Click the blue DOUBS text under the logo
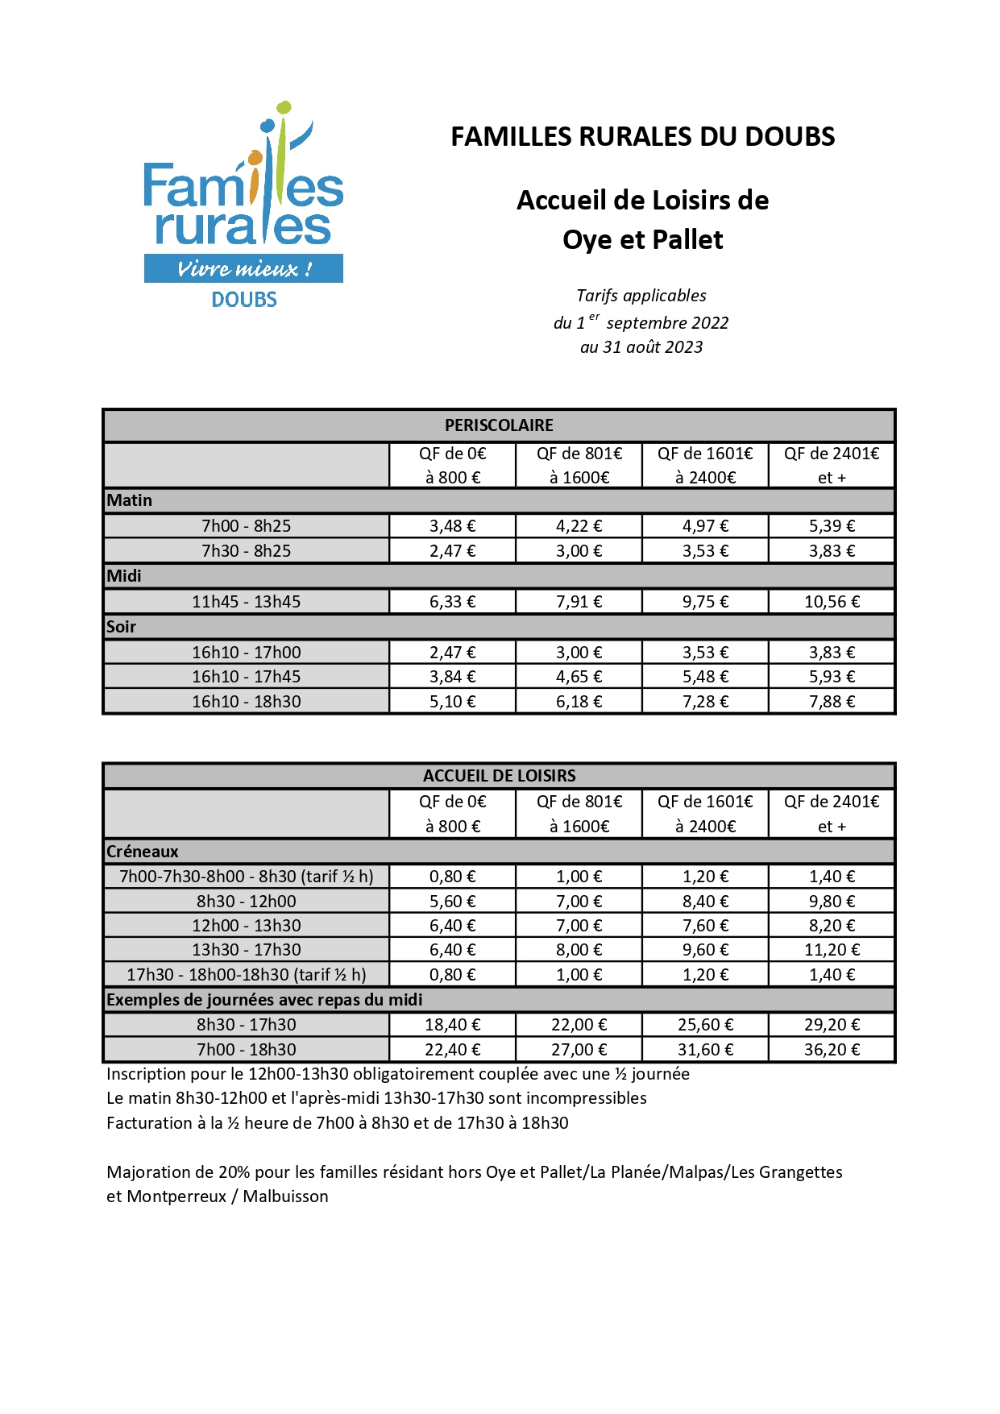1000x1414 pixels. (244, 300)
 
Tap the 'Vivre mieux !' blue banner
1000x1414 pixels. (243, 268)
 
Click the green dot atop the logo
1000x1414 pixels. (284, 106)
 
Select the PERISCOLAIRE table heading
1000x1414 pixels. (499, 425)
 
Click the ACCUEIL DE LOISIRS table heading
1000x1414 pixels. (499, 776)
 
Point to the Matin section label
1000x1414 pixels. (130, 500)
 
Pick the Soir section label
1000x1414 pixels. (122, 627)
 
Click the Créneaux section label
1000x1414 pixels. (143, 852)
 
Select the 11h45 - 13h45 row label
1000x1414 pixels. (246, 602)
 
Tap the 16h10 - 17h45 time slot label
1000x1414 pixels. (246, 677)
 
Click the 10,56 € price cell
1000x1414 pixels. (832, 602)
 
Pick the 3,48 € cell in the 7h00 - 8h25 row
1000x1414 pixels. (452, 526)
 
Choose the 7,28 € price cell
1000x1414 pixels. (705, 702)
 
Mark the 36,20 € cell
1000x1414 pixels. (832, 1050)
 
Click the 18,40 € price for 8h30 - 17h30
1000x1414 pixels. (452, 1025)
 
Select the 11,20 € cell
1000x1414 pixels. (832, 950)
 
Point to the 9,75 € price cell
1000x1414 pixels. (705, 602)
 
